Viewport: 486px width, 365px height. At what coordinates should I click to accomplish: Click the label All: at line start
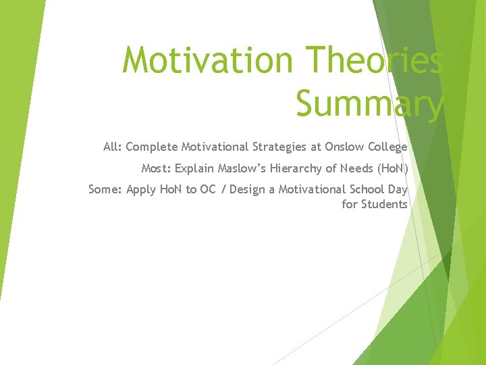click(x=112, y=147)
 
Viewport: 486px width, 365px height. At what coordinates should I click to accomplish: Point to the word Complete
click(x=151, y=147)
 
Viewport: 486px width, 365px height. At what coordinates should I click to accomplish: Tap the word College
click(x=386, y=147)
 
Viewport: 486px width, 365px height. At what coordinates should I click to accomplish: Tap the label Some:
click(x=105, y=189)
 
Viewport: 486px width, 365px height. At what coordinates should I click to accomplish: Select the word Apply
click(x=141, y=190)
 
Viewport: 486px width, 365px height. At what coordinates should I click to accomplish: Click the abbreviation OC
click(x=208, y=189)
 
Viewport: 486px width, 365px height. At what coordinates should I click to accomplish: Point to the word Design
click(x=246, y=189)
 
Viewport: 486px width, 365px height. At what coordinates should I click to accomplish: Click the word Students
click(x=384, y=204)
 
